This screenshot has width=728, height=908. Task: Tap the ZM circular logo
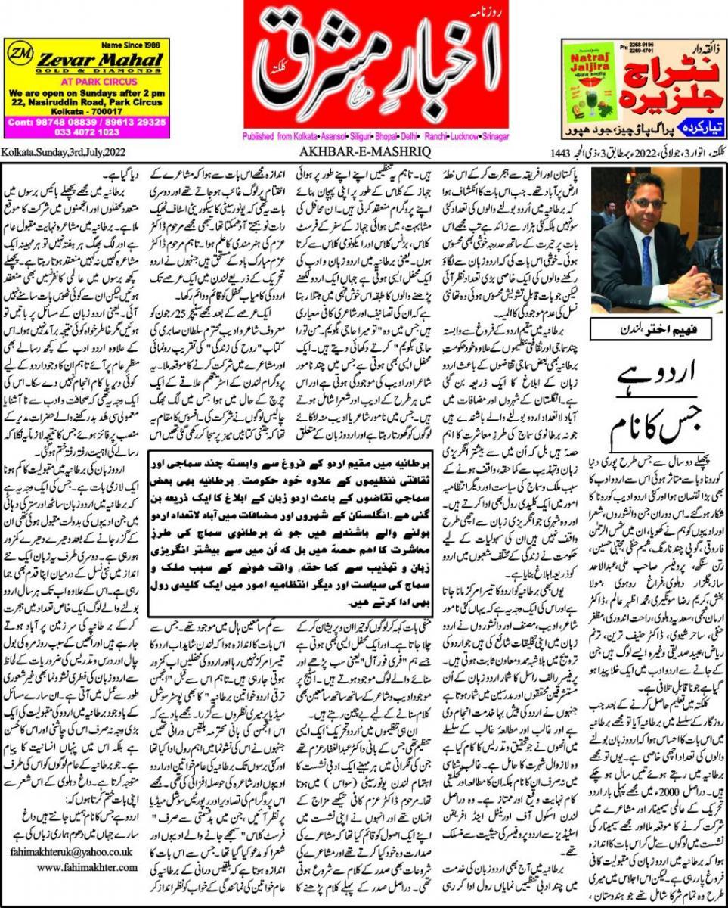[20, 57]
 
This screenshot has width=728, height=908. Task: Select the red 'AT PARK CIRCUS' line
[84, 77]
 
